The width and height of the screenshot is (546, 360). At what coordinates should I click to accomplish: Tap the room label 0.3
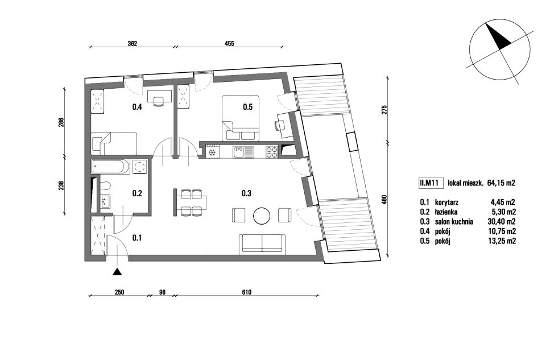pos(246,193)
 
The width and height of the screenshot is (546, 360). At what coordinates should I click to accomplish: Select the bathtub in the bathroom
pos(111,167)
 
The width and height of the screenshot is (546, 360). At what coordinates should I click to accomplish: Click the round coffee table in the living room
pos(262,216)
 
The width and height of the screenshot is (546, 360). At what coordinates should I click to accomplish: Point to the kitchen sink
pos(243,152)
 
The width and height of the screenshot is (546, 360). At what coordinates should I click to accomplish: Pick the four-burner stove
pos(272,152)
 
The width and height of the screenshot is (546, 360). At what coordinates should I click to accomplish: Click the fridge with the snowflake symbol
pos(212,152)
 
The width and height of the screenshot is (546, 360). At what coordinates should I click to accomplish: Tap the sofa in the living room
pos(262,243)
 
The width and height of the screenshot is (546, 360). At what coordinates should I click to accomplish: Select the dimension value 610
pos(246,292)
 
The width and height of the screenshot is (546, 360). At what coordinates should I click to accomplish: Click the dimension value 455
pos(229,44)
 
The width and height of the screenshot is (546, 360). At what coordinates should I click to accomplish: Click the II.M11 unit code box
pos(431,183)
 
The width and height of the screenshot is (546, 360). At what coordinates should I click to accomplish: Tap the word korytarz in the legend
pos(446,202)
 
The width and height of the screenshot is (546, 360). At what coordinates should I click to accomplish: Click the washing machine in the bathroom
pos(140,167)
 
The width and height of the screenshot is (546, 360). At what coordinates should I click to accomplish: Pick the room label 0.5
pos(247,107)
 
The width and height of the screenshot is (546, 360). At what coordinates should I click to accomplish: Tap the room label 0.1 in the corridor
pos(137,238)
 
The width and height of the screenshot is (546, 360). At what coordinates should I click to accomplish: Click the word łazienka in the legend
pos(446,212)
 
